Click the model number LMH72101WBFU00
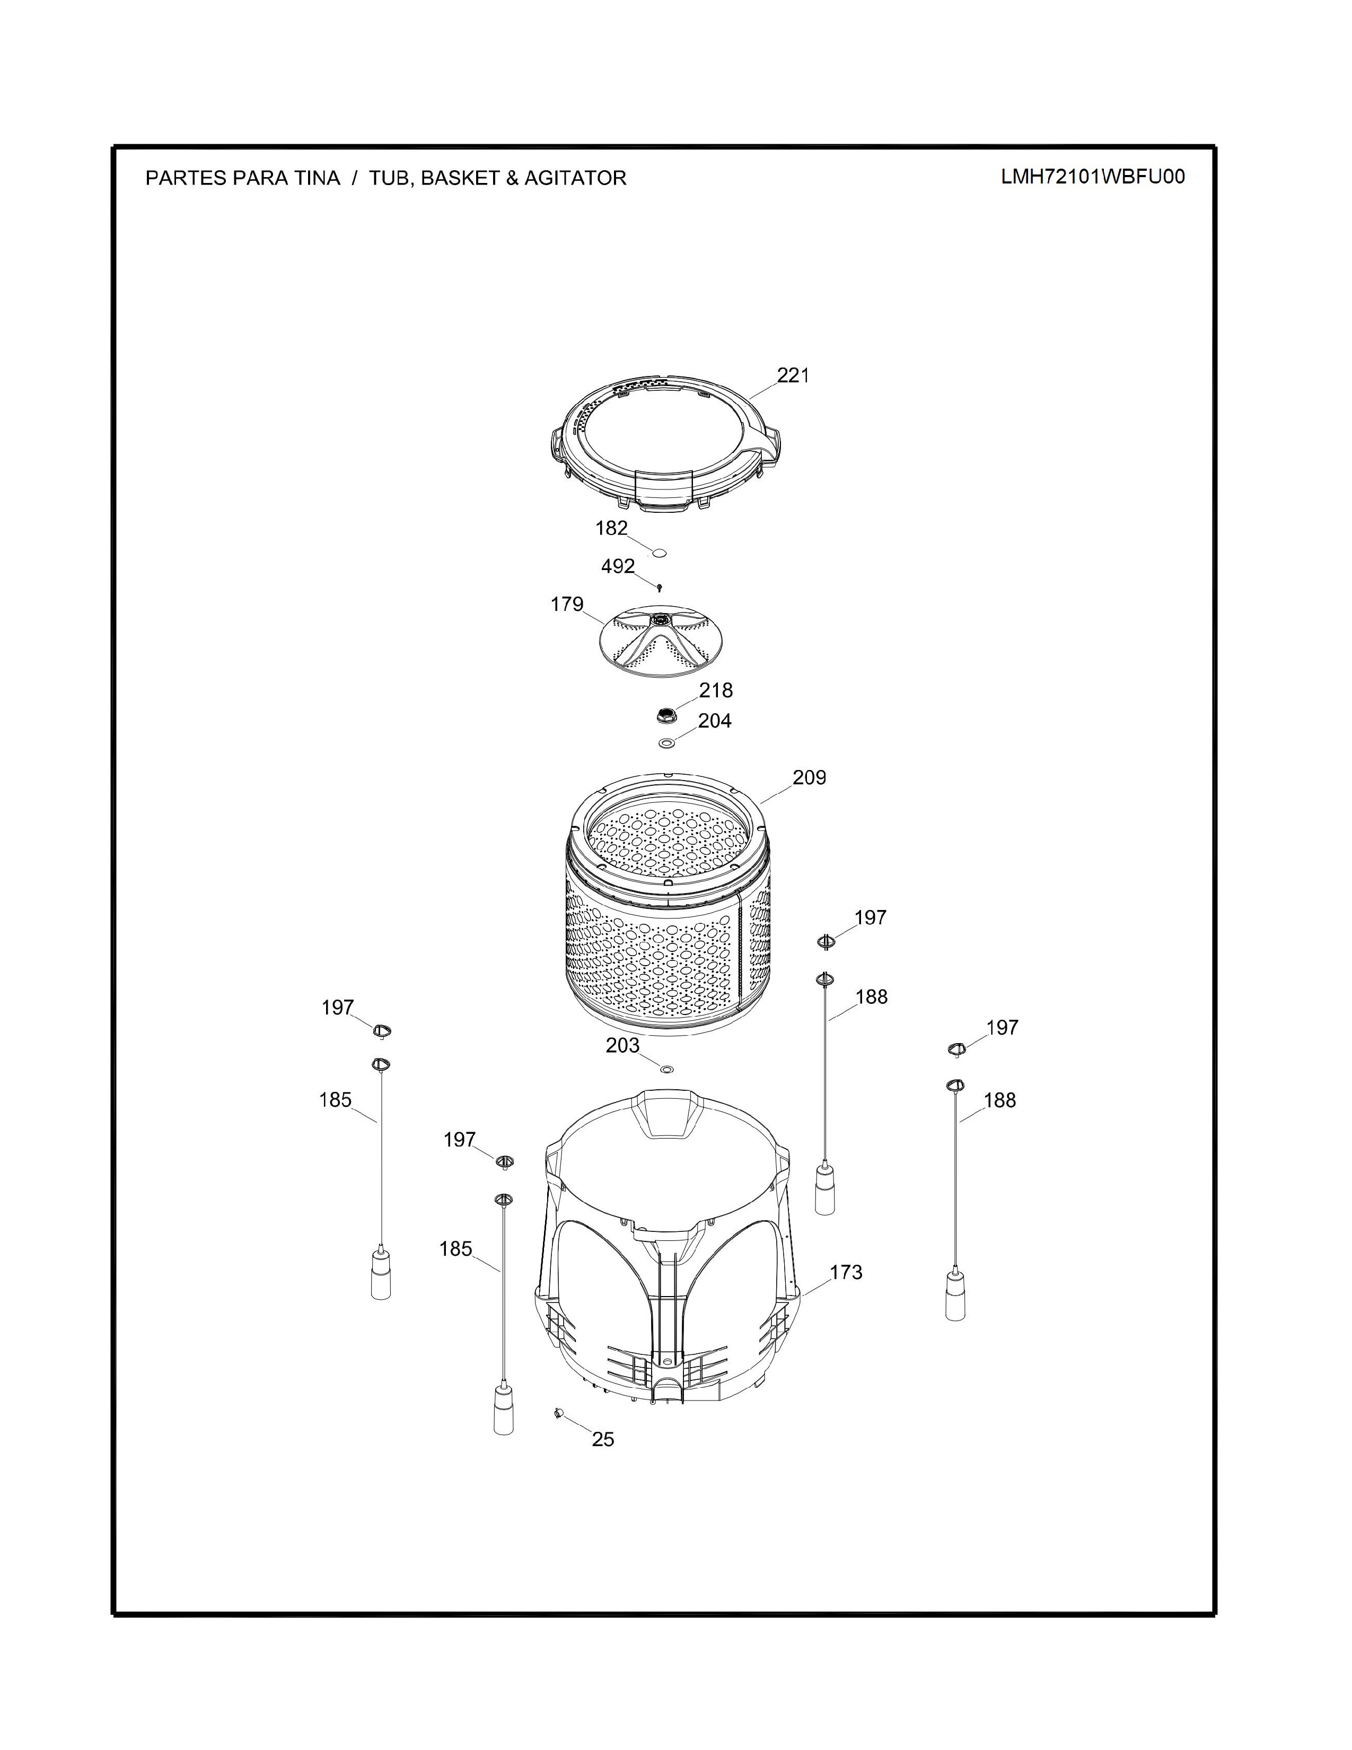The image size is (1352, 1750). click(1093, 176)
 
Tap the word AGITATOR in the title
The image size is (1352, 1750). click(575, 178)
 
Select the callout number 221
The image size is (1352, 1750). click(793, 375)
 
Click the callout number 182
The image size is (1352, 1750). click(611, 528)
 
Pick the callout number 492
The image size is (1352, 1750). click(618, 566)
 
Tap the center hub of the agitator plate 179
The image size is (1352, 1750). click(662, 619)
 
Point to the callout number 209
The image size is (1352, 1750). click(809, 777)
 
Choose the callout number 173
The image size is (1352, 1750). click(846, 1272)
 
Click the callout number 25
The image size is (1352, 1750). click(603, 1440)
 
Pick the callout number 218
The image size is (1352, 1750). click(715, 690)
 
